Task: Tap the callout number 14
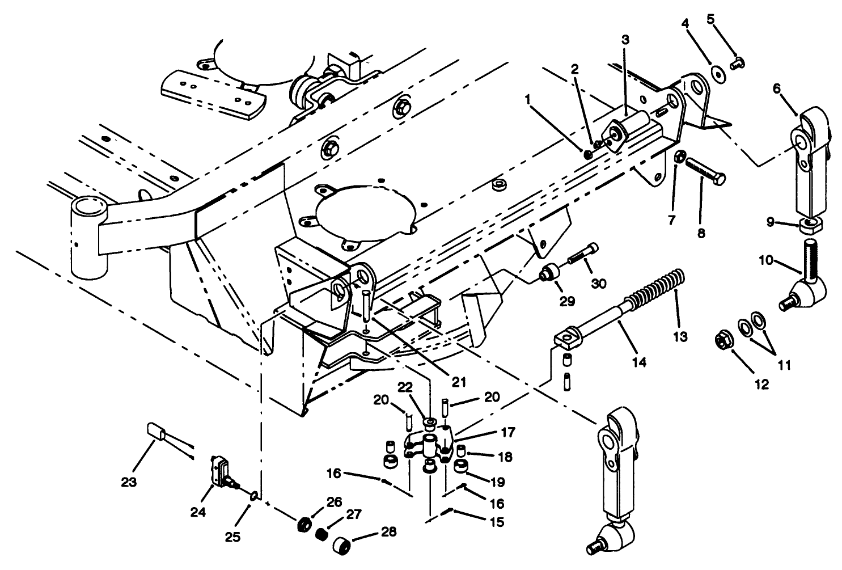pyautogui.click(x=640, y=361)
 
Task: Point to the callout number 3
pyautogui.click(x=625, y=40)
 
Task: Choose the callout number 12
pyautogui.click(x=761, y=385)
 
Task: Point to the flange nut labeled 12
pyautogui.click(x=723, y=341)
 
